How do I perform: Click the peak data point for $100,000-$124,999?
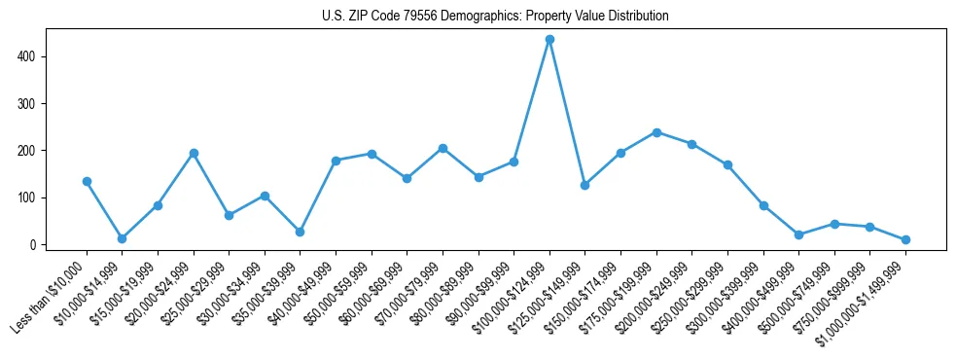click(x=549, y=39)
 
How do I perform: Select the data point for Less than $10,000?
click(x=87, y=181)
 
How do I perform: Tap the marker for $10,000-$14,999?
click(x=122, y=238)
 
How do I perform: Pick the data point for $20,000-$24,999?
click(x=194, y=153)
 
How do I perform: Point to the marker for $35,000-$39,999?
click(x=300, y=232)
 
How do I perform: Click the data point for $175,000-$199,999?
click(x=656, y=132)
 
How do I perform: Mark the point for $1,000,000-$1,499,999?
click(x=905, y=239)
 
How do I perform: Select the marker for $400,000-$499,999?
click(x=798, y=234)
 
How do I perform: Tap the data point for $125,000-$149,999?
click(x=584, y=185)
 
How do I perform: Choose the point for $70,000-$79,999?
click(x=443, y=148)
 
